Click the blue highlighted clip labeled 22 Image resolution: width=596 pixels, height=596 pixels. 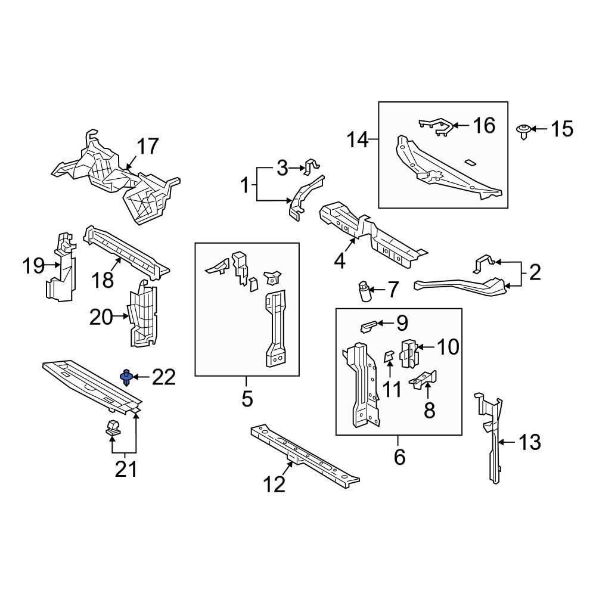[126, 377]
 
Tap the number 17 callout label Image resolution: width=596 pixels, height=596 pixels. [148, 146]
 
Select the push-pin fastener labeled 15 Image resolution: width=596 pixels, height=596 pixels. [523, 131]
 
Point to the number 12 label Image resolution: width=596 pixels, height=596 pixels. [275, 485]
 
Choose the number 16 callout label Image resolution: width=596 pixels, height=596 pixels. [483, 125]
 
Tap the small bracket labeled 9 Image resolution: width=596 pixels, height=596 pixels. [369, 325]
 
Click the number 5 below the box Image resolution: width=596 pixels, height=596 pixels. [247, 398]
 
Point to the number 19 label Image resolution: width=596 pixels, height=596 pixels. [35, 266]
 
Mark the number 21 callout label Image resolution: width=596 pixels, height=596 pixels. [126, 469]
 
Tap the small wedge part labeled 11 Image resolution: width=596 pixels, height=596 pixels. [388, 358]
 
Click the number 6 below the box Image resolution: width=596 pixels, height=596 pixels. [399, 457]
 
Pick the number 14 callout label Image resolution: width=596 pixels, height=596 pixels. [359, 141]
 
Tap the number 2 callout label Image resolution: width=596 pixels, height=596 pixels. [535, 273]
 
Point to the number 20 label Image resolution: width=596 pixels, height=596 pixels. [101, 317]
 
